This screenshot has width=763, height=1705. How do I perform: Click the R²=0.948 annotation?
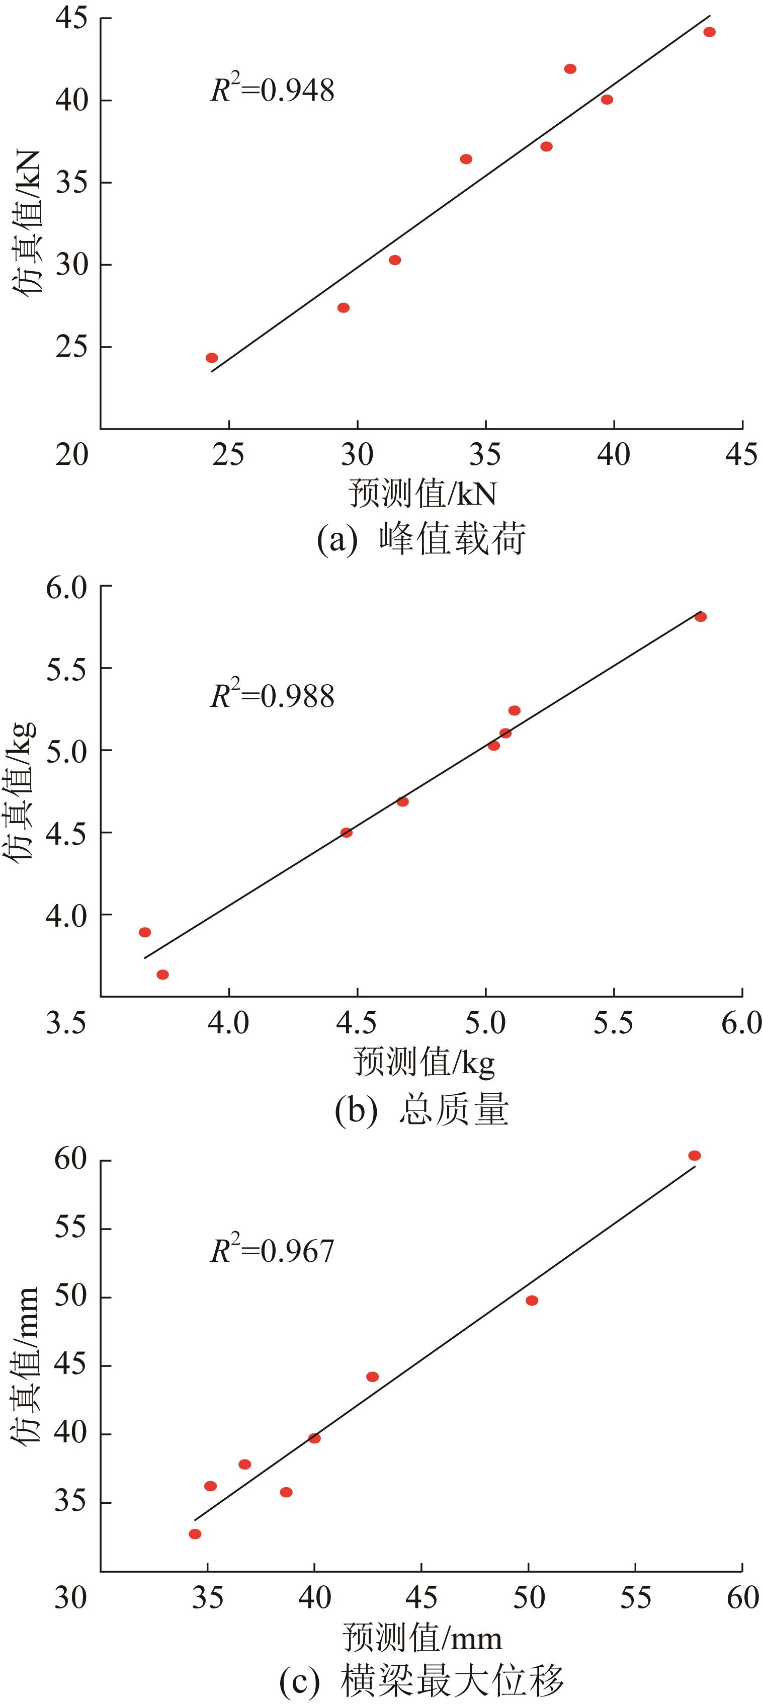272,90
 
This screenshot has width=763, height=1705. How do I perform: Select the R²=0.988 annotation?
272,696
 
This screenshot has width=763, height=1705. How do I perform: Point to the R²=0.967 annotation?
272,1250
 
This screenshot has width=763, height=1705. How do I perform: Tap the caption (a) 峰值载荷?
421,539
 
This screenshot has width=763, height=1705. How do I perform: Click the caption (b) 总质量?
421,1110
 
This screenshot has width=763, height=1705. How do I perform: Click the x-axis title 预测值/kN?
422,494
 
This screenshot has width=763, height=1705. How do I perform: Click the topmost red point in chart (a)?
709,32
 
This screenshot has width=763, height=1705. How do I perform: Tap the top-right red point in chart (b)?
701,617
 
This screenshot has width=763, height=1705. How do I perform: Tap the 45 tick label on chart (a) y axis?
71,19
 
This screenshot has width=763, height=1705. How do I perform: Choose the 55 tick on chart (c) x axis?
635,1598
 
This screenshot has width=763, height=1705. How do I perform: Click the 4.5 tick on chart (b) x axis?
357,1023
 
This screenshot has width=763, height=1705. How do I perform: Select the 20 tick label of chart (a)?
71,455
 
